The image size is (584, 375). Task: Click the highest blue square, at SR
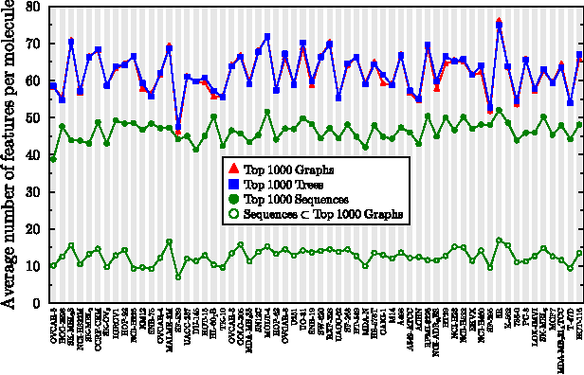pos(500,26)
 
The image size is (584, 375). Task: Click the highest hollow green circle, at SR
pos(500,241)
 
